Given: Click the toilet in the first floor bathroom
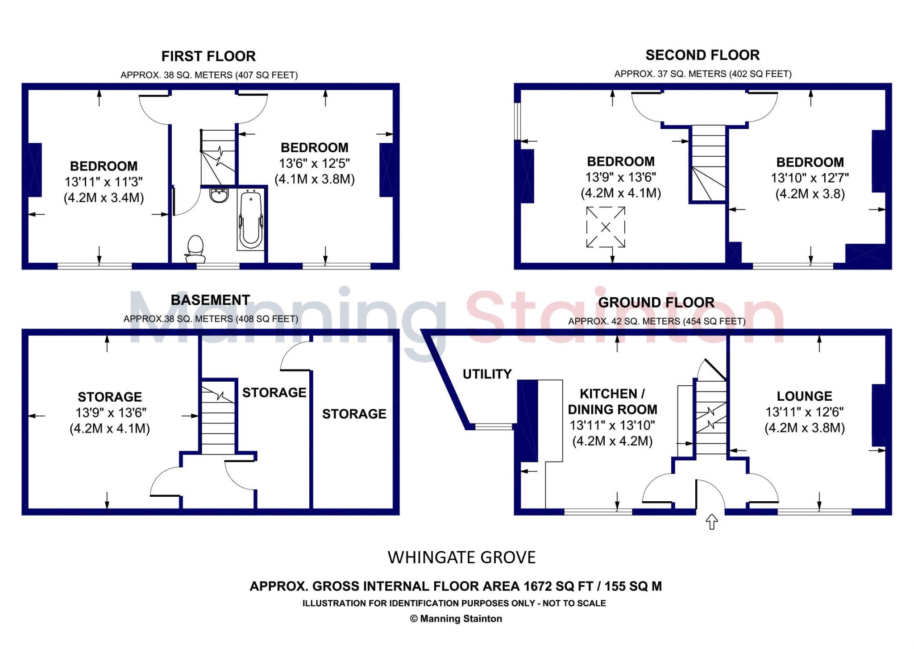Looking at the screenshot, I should tap(195, 249).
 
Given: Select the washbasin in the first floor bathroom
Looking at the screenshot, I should tap(219, 195).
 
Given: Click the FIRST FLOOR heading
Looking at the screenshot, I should tap(208, 56).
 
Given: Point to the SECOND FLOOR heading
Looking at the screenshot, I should tap(702, 55).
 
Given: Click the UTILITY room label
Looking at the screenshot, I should tap(487, 374).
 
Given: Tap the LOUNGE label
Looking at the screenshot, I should tap(804, 396).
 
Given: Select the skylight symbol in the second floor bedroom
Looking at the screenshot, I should tap(605, 227).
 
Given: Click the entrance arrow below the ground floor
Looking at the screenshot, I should tap(711, 521).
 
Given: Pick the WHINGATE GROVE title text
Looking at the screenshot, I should tap(461, 557).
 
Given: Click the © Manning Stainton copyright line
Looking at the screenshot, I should tap(456, 619).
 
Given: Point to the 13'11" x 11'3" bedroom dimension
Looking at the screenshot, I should tap(104, 182).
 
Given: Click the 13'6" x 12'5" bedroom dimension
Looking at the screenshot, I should tap(315, 163).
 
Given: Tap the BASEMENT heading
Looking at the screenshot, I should tap(210, 300).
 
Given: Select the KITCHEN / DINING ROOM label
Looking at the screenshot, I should tap(612, 401).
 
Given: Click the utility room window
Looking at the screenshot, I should tap(494, 427).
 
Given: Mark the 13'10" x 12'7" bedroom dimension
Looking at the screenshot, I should tap(810, 178).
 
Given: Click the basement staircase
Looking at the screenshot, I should tap(218, 417).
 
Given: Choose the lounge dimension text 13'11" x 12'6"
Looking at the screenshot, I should tap(804, 412).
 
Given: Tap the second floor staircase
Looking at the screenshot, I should tap(708, 163).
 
